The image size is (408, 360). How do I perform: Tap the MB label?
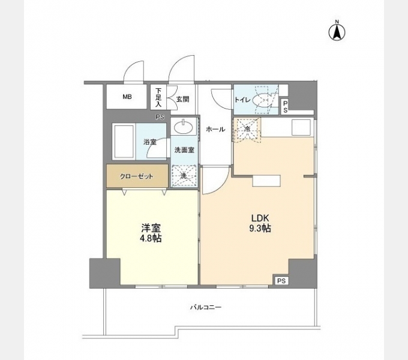tap(127, 97)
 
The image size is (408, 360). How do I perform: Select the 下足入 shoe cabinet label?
tap(158, 97)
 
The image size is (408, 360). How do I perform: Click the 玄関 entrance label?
tap(182, 99)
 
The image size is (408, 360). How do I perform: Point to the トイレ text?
tap(242, 100)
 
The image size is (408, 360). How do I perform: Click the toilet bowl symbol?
tap(264, 100)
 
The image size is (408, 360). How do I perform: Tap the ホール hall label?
tap(215, 129)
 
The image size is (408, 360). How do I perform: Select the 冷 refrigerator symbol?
tap(247, 130)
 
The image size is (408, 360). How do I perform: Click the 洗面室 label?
tap(184, 150)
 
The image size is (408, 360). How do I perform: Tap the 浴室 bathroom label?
tap(149, 142)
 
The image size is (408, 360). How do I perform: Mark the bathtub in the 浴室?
tap(123, 141)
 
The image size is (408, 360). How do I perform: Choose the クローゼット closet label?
tap(136, 176)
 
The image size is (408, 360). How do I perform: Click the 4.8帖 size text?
tap(151, 238)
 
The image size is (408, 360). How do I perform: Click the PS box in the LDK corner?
tap(281, 281)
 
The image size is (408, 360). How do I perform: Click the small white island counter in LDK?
tap(266, 181)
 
